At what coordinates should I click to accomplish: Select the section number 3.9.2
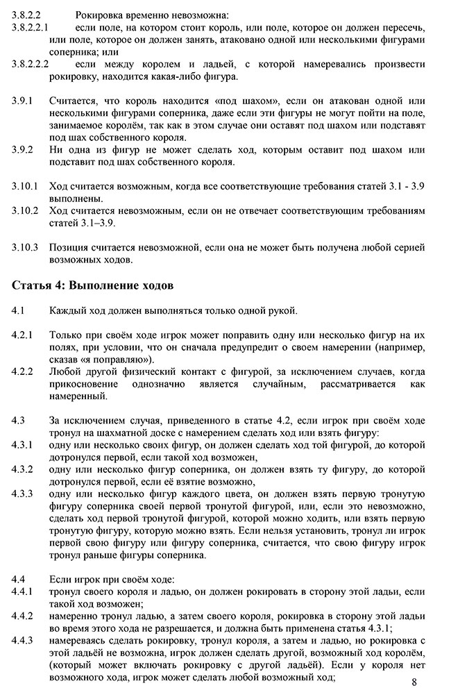(x=23, y=150)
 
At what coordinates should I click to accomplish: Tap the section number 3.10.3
(x=25, y=246)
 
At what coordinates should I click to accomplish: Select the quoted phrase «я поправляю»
(x=118, y=359)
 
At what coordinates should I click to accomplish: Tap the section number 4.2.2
(x=23, y=371)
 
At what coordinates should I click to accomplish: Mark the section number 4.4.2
(x=23, y=616)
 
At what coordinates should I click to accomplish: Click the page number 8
(x=414, y=681)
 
